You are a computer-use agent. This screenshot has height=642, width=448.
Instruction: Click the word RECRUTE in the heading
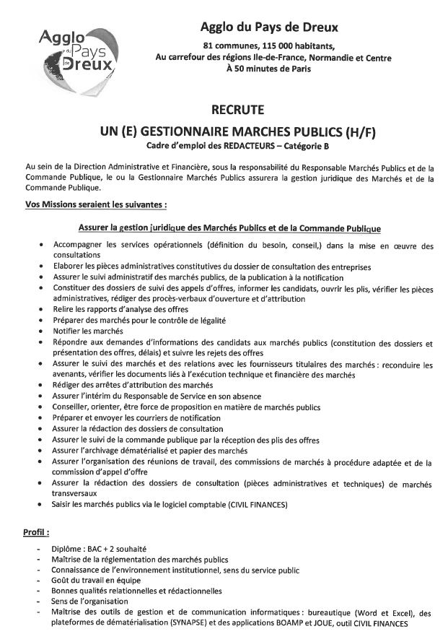(x=237, y=110)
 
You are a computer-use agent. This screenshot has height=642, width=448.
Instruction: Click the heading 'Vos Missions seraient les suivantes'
(x=90, y=204)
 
